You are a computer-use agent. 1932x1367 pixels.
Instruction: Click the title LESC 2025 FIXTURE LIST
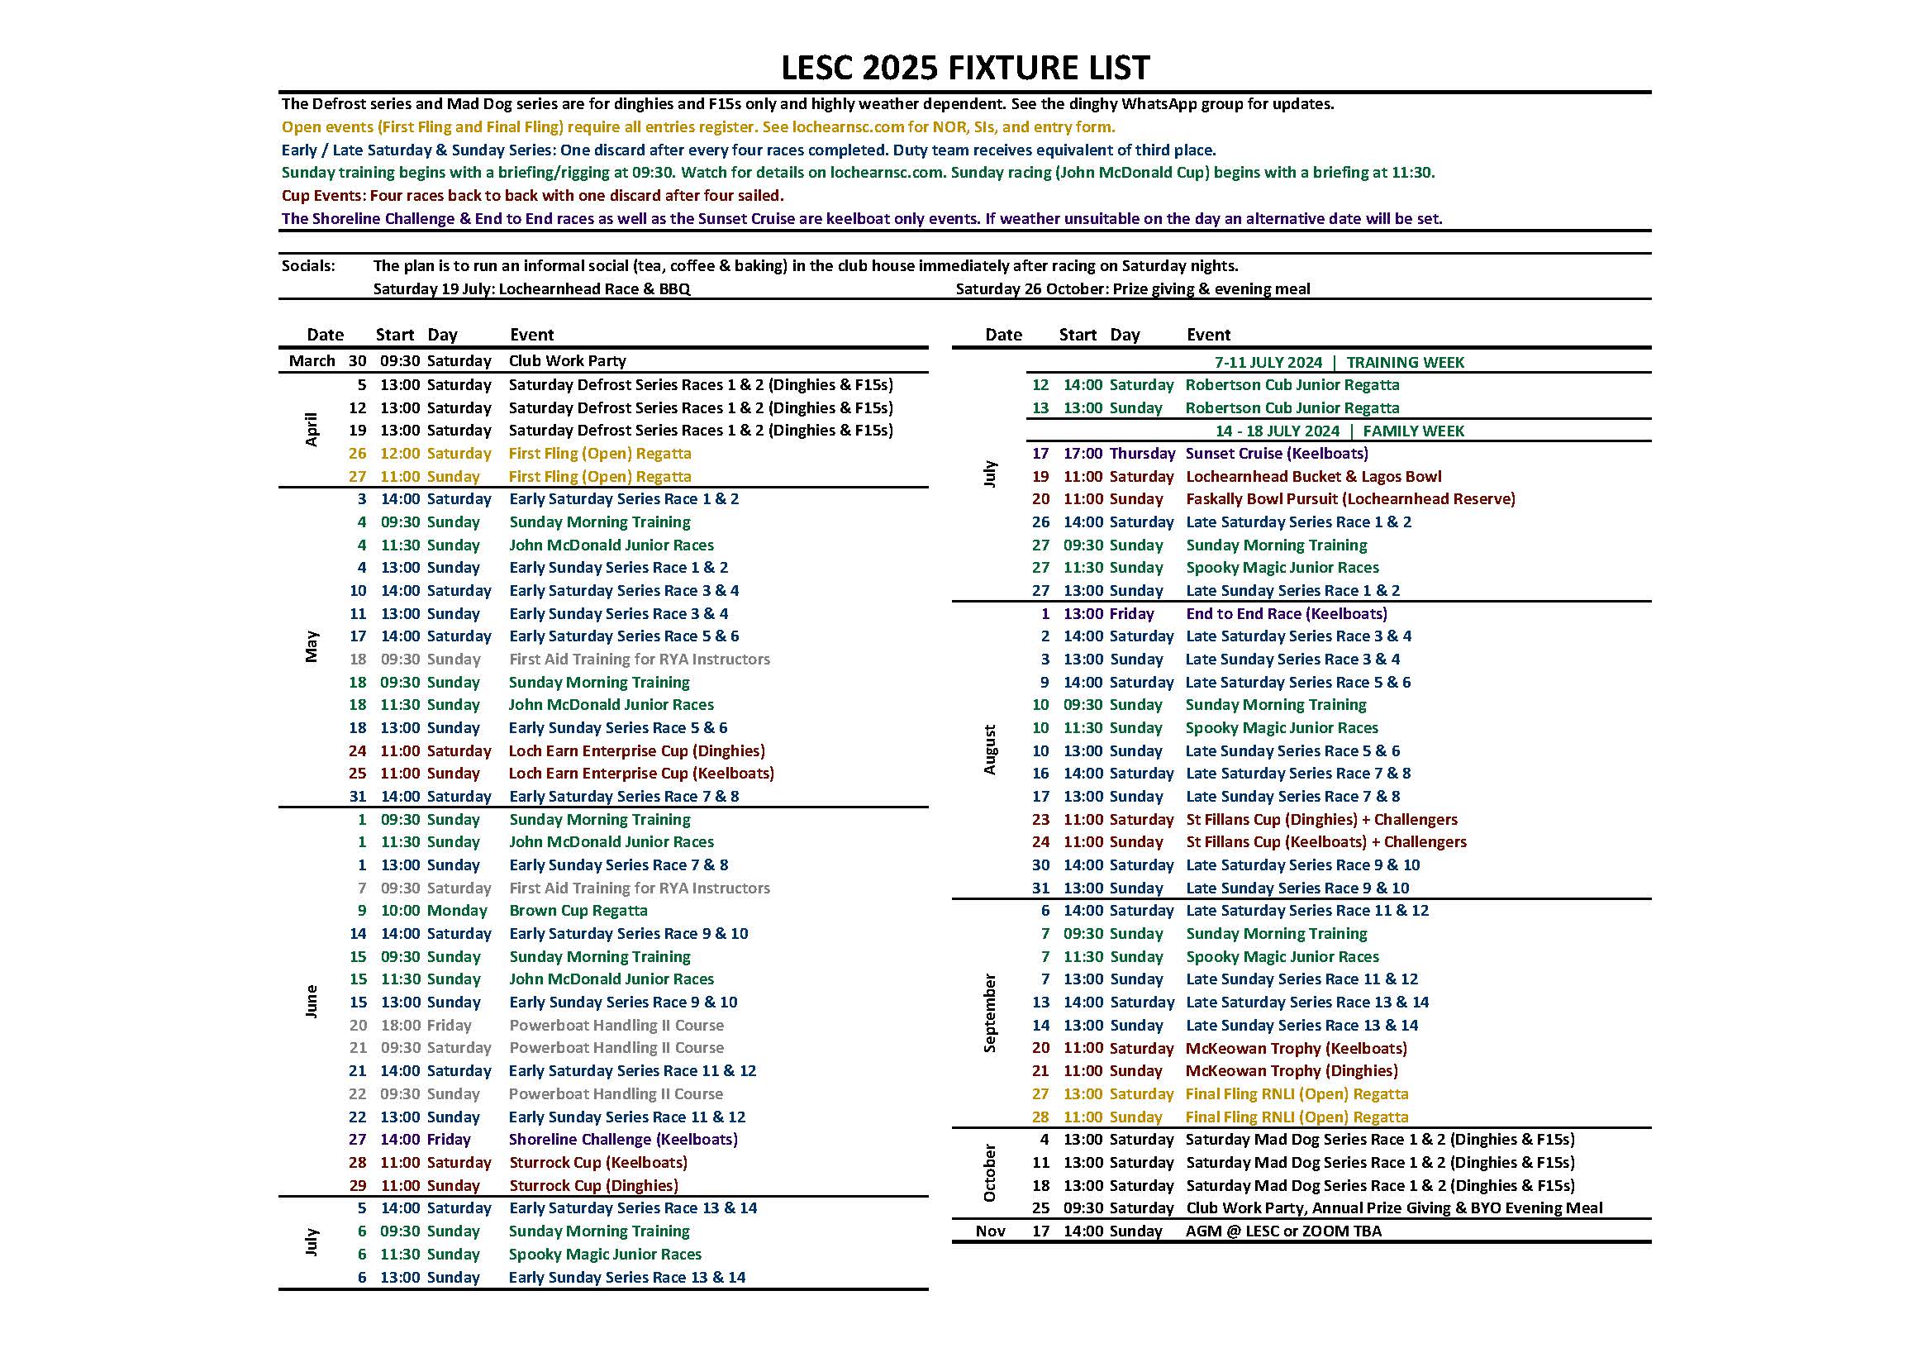[x=964, y=67]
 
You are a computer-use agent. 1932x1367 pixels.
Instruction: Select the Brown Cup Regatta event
[x=578, y=910]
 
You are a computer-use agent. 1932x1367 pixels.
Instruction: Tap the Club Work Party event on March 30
[x=567, y=360]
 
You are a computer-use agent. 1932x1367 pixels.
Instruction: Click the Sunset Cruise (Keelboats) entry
[x=1277, y=453]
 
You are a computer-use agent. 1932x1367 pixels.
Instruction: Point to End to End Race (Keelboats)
[x=1286, y=613]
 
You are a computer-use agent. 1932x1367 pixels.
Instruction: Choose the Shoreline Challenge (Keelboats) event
[x=623, y=1139]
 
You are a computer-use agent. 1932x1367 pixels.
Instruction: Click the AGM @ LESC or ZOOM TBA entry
[x=1283, y=1231]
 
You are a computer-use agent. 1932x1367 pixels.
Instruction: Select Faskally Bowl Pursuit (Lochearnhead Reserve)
[x=1349, y=498]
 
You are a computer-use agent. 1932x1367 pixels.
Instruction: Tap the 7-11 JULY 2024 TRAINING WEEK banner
[x=1339, y=362]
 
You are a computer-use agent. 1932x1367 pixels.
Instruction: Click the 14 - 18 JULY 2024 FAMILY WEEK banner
[x=1339, y=431]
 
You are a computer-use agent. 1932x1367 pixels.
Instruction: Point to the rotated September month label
[x=990, y=1012]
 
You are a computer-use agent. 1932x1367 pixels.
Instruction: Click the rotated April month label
[x=312, y=429]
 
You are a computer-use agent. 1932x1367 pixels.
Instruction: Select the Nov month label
[x=991, y=1231]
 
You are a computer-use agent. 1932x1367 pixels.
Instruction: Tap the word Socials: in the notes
[x=308, y=266]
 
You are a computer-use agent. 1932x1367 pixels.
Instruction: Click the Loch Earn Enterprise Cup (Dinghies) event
[x=636, y=750]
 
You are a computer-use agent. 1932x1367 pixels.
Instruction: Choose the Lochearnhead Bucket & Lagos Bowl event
[x=1313, y=476]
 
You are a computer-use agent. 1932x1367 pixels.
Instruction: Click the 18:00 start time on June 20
[x=400, y=1025]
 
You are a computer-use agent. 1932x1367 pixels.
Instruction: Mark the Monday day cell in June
[x=457, y=910]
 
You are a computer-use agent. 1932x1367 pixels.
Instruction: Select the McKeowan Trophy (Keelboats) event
[x=1296, y=1048]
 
